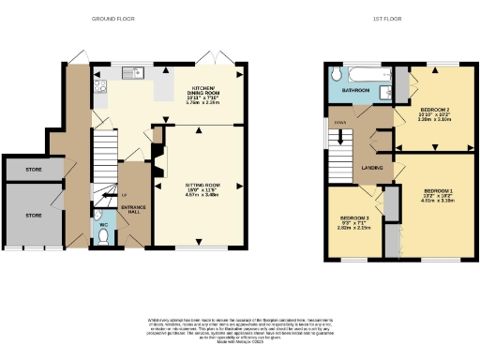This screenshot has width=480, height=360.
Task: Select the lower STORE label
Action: pos(34,215)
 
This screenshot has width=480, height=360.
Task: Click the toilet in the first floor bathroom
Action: pos(387,92)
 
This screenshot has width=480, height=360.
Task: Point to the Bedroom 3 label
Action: pos(354,221)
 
